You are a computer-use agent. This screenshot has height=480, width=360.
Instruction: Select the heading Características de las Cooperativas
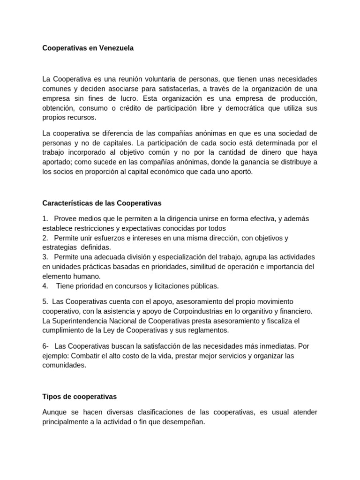102,203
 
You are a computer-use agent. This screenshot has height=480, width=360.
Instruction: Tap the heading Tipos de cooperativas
79,397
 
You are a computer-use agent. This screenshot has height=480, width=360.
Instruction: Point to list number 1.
45,219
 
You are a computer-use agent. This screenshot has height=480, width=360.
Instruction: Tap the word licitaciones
161,285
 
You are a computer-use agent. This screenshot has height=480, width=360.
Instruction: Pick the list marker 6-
45,346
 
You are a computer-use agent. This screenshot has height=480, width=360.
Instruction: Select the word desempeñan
185,421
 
